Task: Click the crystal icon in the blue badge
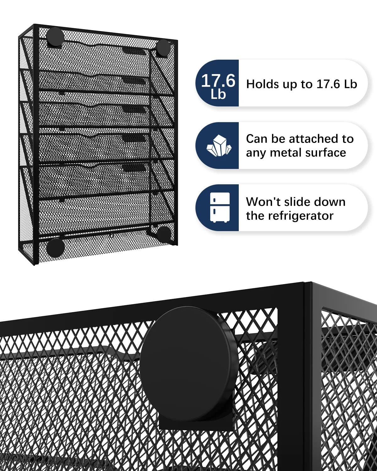tap(219, 145)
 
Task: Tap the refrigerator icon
tap(220, 207)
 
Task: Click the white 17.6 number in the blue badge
tap(218, 81)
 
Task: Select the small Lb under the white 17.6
tap(218, 94)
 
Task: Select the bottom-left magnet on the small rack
tap(56, 248)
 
